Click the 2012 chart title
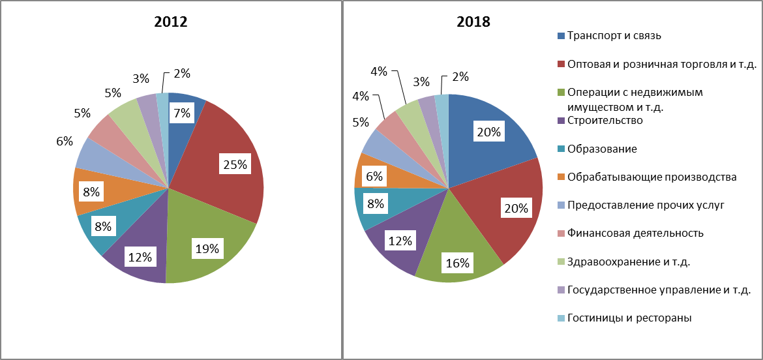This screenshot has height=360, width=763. coord(171,22)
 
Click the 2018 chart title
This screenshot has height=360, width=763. coord(473,22)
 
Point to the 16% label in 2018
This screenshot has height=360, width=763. coord(458,263)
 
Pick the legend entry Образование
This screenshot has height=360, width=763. coord(597,149)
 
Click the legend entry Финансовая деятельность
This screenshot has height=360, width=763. coord(630,233)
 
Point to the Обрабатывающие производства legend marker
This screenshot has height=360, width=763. coord(561,177)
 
